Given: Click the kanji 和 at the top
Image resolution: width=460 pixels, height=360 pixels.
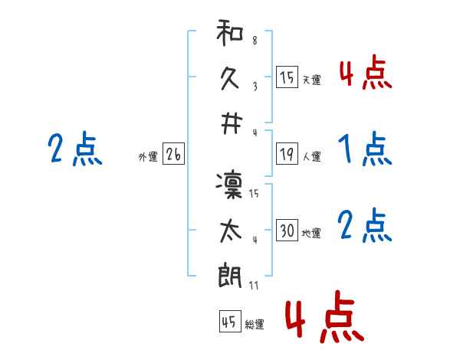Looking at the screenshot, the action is coord(230,32).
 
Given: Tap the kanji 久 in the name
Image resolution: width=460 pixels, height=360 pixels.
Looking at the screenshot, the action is coord(230,79).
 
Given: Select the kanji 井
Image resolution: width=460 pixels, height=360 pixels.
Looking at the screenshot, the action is coord(232,124).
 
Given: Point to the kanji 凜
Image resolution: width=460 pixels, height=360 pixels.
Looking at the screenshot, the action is coord(229,186).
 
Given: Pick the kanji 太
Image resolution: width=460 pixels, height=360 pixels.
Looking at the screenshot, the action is coord(231,231).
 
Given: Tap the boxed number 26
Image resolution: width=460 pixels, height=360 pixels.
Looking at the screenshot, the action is coord(174,154).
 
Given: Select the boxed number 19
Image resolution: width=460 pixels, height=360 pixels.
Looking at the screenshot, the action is coord(287,154).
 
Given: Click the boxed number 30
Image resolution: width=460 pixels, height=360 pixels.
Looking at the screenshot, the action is coord(287,230).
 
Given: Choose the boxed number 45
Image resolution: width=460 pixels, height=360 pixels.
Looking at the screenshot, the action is coord(230,322).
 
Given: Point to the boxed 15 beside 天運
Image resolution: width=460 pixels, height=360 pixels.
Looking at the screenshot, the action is coord(287,77).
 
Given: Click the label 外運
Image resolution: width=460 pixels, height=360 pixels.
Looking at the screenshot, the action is coord(148,157).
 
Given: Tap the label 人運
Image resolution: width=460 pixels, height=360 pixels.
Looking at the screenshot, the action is coord(312,156).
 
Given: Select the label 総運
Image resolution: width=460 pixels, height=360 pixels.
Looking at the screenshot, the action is coord(255,325).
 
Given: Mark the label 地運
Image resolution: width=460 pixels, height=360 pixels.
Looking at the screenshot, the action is coord(311,234).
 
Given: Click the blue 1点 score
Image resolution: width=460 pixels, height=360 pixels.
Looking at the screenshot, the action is coord(365,149).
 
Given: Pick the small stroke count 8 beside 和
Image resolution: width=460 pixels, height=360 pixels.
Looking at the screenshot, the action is coord(255,41).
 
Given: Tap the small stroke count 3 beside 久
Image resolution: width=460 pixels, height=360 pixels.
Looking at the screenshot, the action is coord(255,87).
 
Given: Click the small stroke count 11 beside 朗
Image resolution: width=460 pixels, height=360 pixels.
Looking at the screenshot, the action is coord(254,285).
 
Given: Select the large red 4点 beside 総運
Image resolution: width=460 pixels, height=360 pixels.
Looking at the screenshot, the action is coord(324,316).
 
